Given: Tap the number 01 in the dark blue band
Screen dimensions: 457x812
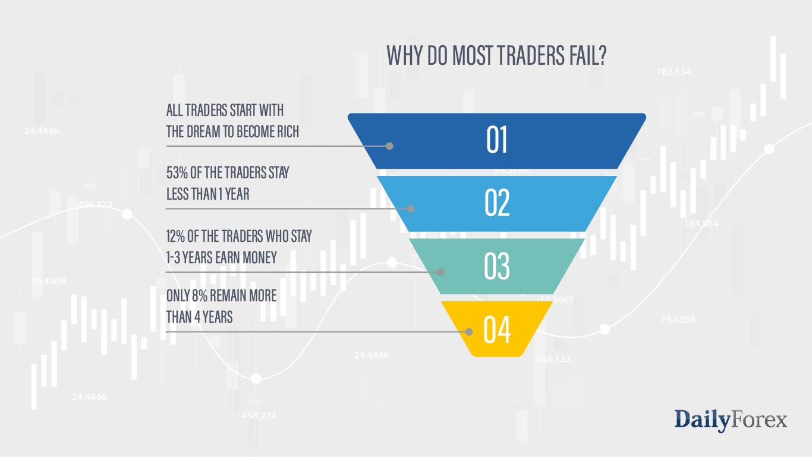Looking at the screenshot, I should tap(497, 141).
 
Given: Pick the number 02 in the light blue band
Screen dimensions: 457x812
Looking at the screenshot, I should tap(498, 203).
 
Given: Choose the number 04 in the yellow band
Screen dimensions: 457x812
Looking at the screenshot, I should tap(497, 330).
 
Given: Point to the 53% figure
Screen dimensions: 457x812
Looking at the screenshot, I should tap(176, 173).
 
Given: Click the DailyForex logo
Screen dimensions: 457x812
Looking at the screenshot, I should tap(731, 420).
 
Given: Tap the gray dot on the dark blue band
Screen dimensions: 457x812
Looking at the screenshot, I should tap(390, 146).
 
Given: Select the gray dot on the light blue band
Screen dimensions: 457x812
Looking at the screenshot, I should tap(410, 209).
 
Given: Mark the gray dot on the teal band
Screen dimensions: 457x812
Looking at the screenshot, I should tap(440, 272).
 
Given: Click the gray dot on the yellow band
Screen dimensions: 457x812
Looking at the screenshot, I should tap(470, 332).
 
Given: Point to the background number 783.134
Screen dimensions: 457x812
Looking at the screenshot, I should tap(673, 72).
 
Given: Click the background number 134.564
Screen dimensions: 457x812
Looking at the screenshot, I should tap(701, 224).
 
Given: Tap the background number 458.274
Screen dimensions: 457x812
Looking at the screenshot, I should tap(259, 415).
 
